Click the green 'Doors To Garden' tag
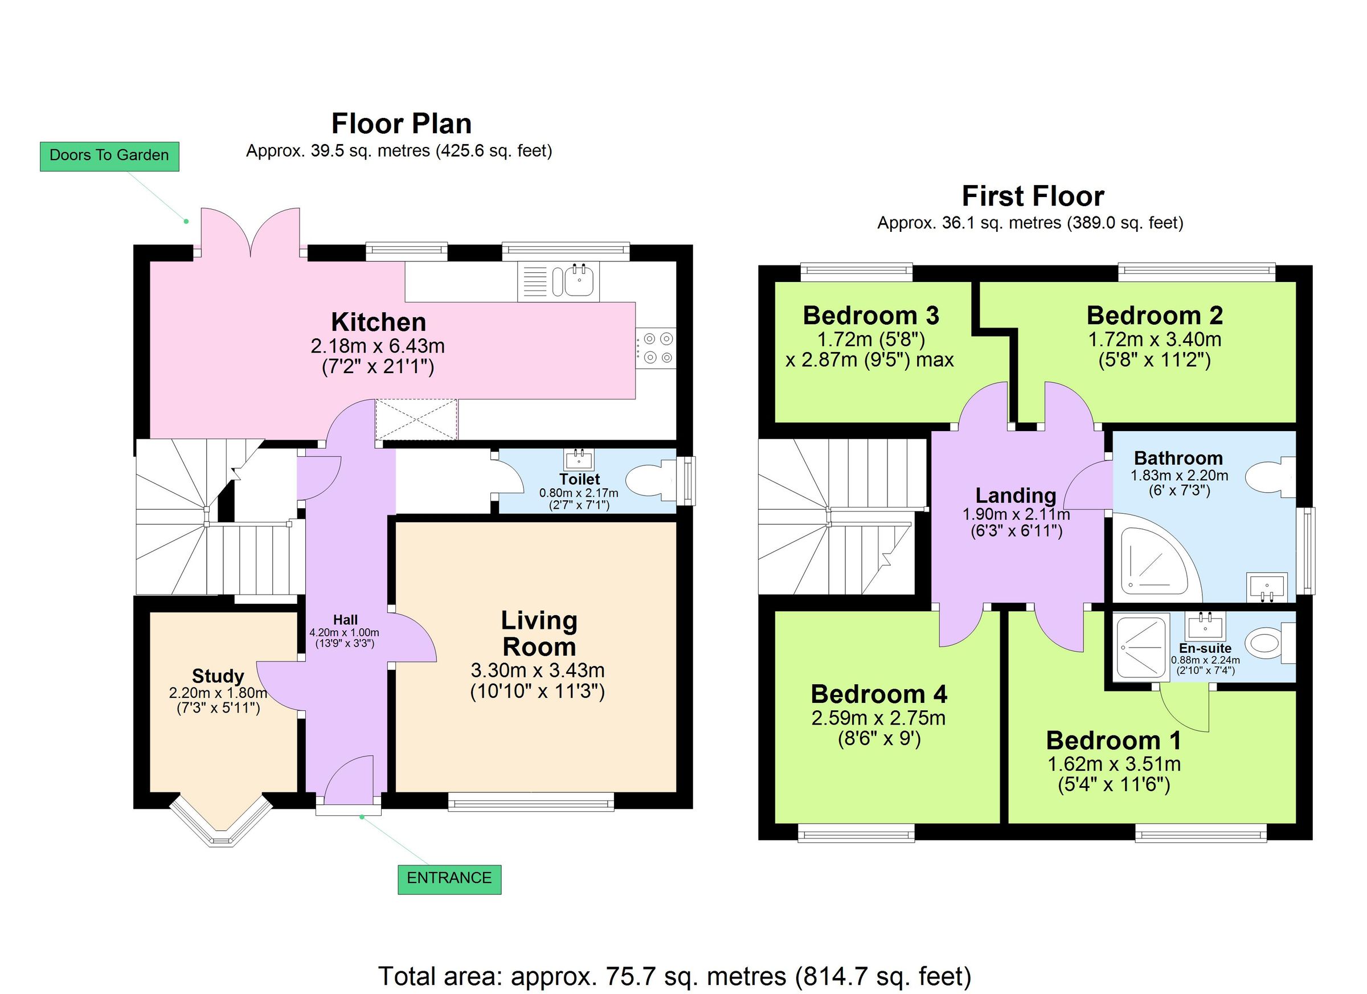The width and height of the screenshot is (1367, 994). click(x=109, y=156)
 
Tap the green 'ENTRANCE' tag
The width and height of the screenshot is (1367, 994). click(x=449, y=878)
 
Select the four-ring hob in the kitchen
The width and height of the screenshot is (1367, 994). click(x=657, y=349)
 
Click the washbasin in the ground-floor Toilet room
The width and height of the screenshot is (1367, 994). click(x=579, y=459)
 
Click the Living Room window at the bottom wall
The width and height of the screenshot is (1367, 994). click(x=531, y=802)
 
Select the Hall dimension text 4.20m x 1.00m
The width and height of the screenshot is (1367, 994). click(x=344, y=632)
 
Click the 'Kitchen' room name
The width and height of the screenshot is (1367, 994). click(x=379, y=322)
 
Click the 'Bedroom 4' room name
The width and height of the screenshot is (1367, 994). click(x=879, y=694)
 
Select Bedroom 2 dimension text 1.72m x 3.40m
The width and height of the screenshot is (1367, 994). click(x=1154, y=339)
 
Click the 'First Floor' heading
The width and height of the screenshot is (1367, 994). click(x=1033, y=197)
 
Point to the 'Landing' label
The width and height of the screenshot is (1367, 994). click(x=1016, y=496)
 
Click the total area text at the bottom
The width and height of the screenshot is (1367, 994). click(x=674, y=976)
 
